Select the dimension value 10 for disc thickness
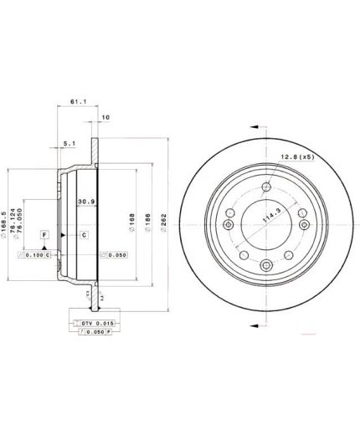tap(105, 117)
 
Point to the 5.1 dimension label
tap(69, 142)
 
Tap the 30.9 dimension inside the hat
tap(85, 202)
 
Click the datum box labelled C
tap(85, 235)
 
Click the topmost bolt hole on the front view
tap(265, 187)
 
